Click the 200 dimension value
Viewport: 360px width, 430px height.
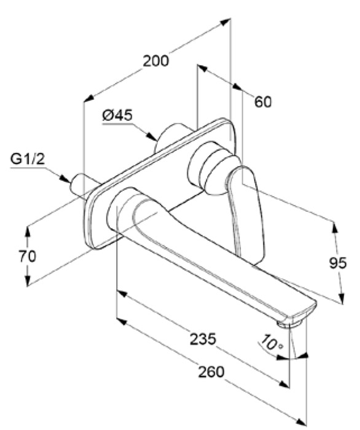[156, 61]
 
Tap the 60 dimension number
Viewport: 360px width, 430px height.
[263, 102]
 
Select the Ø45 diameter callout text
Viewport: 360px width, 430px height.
[117, 115]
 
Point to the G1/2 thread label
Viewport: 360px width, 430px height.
[28, 158]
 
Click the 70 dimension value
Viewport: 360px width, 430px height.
[27, 256]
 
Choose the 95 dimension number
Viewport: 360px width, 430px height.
[338, 263]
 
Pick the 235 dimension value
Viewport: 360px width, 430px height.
[203, 339]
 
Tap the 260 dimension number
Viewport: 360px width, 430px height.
[211, 372]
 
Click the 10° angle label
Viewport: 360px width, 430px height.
[271, 343]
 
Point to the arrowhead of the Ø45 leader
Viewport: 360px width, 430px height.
[152, 137]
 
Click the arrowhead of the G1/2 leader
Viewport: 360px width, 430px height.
[65, 179]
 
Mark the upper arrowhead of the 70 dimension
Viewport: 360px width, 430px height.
[28, 232]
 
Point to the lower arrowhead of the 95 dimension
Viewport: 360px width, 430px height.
[341, 297]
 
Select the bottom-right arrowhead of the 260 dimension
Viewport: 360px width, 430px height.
[301, 423]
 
